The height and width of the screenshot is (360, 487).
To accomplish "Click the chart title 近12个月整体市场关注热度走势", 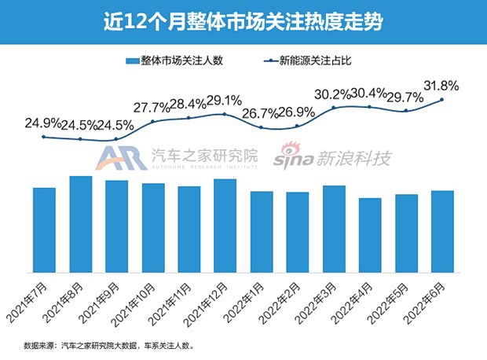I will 243,22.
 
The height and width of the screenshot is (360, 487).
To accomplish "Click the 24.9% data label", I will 44,123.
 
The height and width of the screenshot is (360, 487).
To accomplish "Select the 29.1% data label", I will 225,101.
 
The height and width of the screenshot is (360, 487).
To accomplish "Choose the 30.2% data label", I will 334,93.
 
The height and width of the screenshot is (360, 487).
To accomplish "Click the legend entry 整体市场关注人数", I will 178,61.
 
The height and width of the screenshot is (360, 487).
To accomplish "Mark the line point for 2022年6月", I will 442,99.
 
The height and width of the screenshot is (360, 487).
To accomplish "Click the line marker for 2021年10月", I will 153,122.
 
